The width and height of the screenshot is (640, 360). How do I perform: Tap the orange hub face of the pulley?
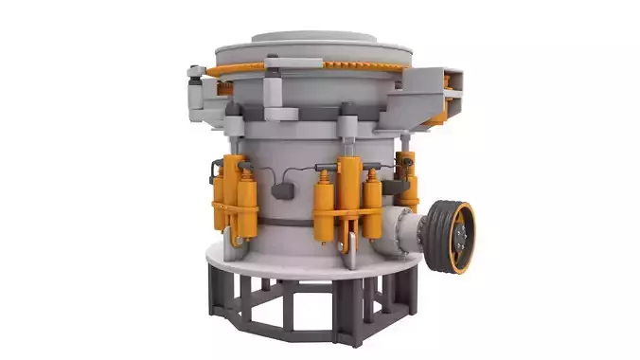pos(462,238)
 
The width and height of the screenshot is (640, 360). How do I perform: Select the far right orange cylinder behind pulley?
pos(408,180)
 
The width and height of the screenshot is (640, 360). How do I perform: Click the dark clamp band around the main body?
pos(284,222)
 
